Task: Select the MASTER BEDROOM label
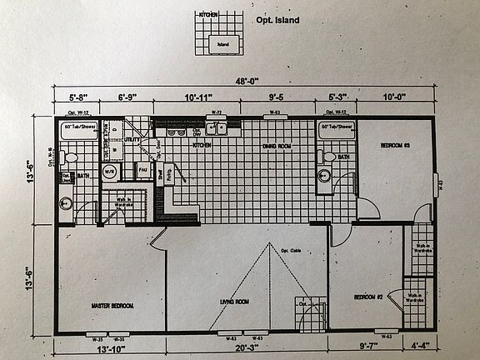click(x=112, y=307)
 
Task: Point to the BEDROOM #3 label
click(x=396, y=145)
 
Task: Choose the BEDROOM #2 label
click(x=367, y=297)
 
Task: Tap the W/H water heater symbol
click(x=108, y=173)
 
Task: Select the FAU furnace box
click(x=142, y=172)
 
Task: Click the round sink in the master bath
click(x=67, y=202)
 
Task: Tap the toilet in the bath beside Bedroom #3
click(x=326, y=153)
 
